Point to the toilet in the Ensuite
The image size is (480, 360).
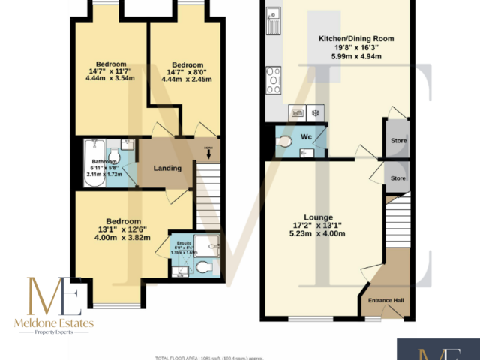[x=202, y=267]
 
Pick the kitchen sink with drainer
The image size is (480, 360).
[x=272, y=21]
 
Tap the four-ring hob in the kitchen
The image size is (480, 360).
[x=272, y=78]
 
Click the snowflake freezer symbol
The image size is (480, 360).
[x=315, y=113]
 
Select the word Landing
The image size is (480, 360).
[x=166, y=168]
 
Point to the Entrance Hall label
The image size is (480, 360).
[x=385, y=301]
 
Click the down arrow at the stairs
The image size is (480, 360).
[x=208, y=157]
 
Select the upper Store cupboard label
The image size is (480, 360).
[x=397, y=140]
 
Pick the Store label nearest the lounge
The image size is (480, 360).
[x=397, y=178]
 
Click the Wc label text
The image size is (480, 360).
[x=307, y=138]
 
